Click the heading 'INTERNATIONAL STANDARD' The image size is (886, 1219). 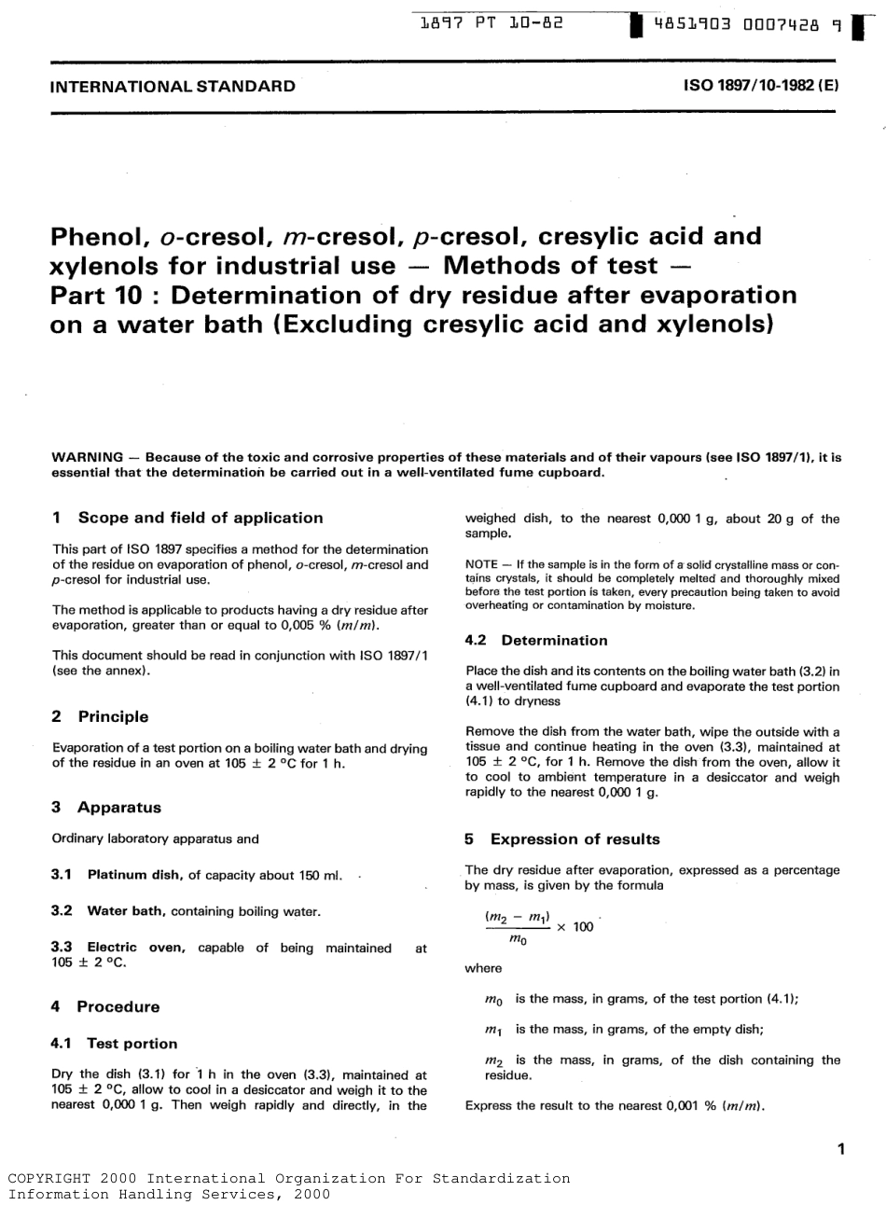(x=173, y=87)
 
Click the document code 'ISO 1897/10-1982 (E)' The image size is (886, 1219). (x=761, y=87)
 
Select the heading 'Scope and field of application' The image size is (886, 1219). (x=201, y=518)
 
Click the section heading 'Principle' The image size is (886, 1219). (x=113, y=716)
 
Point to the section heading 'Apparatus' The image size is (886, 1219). (x=119, y=808)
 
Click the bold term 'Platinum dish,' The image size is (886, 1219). (x=136, y=875)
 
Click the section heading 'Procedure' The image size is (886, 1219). (x=118, y=1006)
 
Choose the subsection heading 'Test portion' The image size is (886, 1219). (x=132, y=1043)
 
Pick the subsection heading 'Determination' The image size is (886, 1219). (x=554, y=640)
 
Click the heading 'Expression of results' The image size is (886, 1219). (x=575, y=838)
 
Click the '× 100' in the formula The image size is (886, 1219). (x=575, y=928)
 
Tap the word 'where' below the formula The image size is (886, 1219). (x=482, y=968)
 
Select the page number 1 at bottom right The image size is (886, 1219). (x=840, y=1149)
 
